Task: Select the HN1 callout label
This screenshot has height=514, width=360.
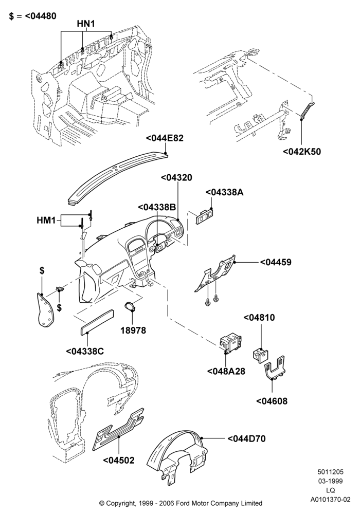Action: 86,24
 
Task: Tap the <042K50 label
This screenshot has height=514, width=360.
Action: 302,152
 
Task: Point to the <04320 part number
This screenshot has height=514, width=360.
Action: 176,177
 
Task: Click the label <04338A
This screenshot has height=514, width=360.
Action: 225,192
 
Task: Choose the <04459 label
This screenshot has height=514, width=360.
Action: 276,262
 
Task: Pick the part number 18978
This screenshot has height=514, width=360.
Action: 133,331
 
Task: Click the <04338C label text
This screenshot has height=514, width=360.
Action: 85,351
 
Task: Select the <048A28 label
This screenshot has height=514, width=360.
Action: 226,372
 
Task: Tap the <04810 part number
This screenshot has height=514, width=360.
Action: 259,318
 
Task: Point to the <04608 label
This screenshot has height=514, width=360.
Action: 272,401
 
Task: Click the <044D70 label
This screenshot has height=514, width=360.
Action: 246,438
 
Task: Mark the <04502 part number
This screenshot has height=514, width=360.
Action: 119,460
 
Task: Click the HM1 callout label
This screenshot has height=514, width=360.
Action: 46,221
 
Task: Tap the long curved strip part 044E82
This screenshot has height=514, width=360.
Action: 118,179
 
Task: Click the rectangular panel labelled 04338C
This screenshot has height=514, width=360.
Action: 97,322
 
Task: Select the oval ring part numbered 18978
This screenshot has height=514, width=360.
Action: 132,306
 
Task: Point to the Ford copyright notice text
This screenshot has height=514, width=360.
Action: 181,503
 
